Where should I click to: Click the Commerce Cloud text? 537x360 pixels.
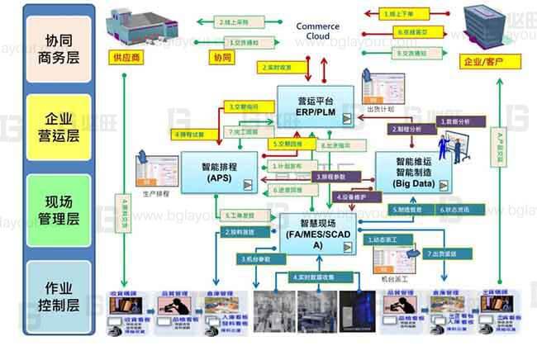318,31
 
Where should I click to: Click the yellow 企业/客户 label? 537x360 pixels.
482,62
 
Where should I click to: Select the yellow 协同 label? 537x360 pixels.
222,58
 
